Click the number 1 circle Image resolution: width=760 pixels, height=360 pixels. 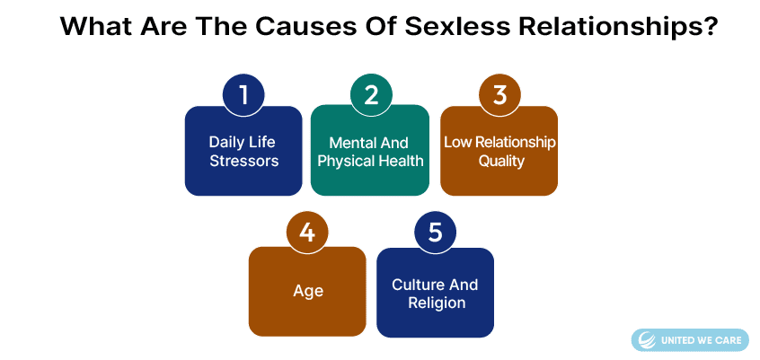tap(243, 95)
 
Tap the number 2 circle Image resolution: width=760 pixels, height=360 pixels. tap(371, 95)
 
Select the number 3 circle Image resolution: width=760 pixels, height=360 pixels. tap(499, 95)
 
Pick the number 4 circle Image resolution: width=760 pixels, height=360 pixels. tap(307, 233)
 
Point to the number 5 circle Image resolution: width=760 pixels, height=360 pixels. tap(436, 233)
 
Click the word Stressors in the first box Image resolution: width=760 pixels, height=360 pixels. tap(243, 161)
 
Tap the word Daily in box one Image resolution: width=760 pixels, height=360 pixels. tap(224, 143)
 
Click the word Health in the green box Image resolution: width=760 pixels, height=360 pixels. tap(401, 161)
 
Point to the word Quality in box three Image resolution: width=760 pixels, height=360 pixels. tap(501, 161)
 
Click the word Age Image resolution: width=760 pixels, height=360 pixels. tap(308, 292)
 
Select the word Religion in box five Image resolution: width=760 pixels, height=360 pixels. tap(437, 303)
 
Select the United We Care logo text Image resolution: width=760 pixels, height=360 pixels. tap(701, 340)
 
